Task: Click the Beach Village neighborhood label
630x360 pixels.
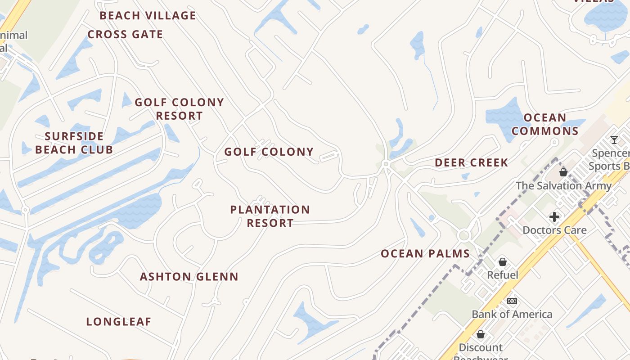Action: pyautogui.click(x=148, y=16)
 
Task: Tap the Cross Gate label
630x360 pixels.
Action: pyautogui.click(x=125, y=35)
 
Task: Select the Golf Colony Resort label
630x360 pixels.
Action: pyautogui.click(x=180, y=109)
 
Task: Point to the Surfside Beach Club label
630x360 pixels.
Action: pyautogui.click(x=74, y=143)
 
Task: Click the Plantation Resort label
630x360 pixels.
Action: pyautogui.click(x=270, y=216)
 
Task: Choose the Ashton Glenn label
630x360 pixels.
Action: pyautogui.click(x=189, y=277)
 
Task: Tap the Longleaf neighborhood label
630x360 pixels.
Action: pyautogui.click(x=119, y=322)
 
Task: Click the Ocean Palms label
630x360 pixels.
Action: pyautogui.click(x=425, y=254)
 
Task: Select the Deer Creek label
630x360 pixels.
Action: pyautogui.click(x=471, y=163)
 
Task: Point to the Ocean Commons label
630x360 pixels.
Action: pyautogui.click(x=545, y=125)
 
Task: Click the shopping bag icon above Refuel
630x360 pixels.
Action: pyautogui.click(x=503, y=262)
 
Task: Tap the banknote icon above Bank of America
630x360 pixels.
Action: pyautogui.click(x=512, y=301)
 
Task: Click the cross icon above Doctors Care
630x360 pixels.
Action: pyautogui.click(x=554, y=217)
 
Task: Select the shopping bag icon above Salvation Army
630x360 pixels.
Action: pyautogui.click(x=563, y=172)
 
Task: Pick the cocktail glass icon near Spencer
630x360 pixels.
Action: pyautogui.click(x=614, y=140)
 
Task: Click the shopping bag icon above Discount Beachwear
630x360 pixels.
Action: pyautogui.click(x=481, y=334)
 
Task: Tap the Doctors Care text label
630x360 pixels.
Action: pyautogui.click(x=554, y=230)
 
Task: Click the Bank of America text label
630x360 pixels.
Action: pyautogui.click(x=512, y=315)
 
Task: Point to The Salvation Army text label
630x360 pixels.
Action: pyautogui.click(x=563, y=186)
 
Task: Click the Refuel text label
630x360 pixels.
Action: pyautogui.click(x=503, y=275)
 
